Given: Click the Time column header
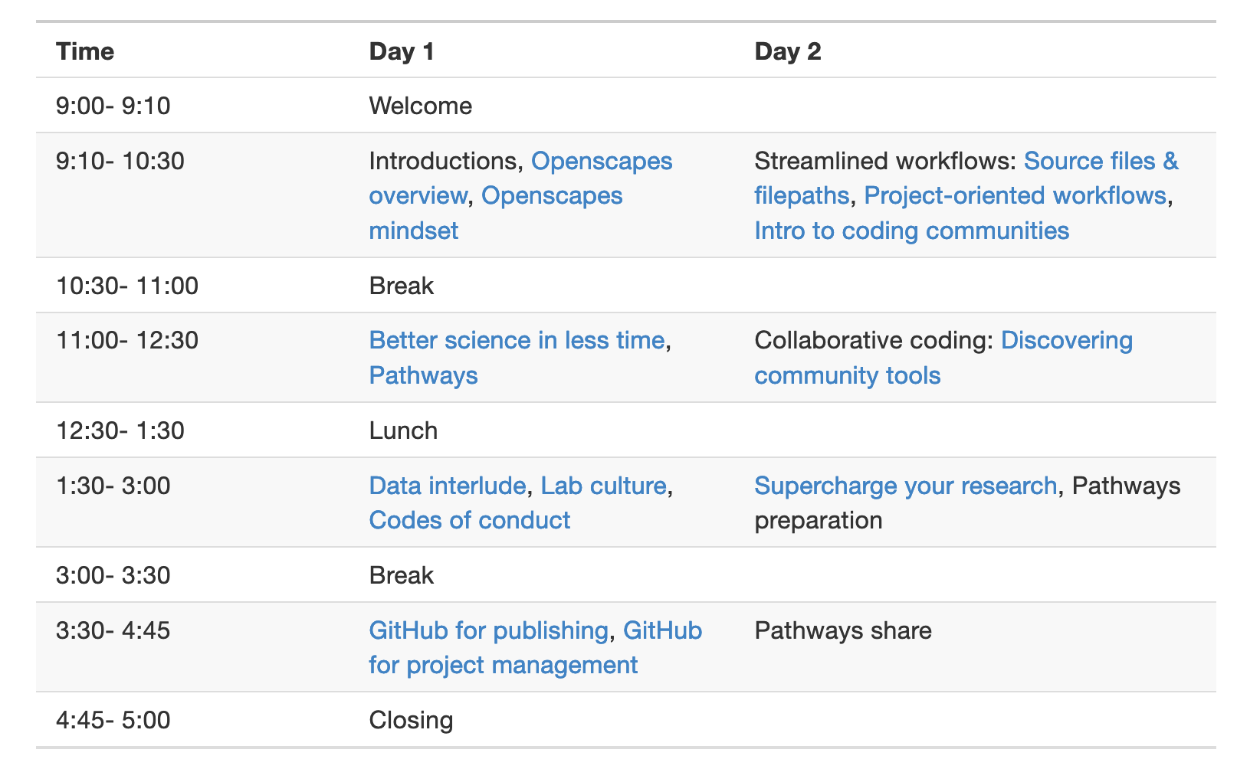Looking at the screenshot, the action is coord(85,51).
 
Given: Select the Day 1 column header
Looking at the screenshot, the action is coord(402,51).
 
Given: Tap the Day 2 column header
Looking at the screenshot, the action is coord(787,51).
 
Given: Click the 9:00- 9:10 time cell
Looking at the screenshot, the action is coord(113,106).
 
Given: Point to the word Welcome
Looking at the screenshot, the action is coord(420,106).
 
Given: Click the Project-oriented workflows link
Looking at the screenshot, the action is coord(1015,195).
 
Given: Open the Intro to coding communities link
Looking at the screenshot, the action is coord(912,231).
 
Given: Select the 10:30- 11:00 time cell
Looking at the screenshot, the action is coord(127,286).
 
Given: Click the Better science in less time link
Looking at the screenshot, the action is coord(517,340).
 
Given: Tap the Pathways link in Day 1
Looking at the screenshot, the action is coord(423,376).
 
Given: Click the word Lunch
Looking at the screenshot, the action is coord(403,430).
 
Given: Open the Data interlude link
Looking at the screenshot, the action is coord(448,486).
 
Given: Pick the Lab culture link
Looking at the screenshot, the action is coord(604,486).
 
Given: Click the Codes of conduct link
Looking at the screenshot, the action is coord(469,521).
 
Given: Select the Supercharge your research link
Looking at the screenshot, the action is coord(906,486).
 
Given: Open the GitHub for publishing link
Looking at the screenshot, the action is coord(489,631).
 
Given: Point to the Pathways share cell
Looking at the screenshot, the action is coord(843,631).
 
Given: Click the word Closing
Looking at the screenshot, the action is coord(411,721).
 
